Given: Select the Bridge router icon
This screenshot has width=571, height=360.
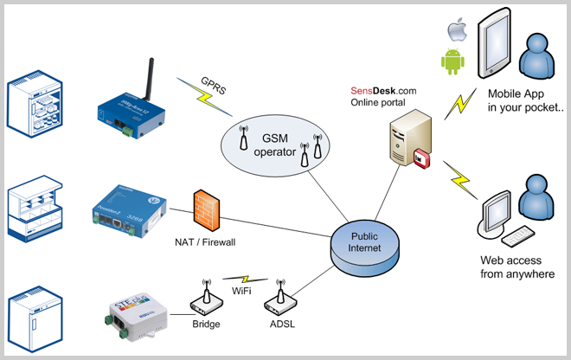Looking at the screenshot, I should (x=205, y=299).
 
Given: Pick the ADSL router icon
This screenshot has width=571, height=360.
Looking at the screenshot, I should (x=280, y=299).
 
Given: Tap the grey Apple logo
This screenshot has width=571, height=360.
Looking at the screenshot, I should (x=455, y=31).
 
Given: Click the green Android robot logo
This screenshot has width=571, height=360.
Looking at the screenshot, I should (x=452, y=61).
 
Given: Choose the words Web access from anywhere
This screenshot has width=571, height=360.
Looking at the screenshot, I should (x=517, y=267).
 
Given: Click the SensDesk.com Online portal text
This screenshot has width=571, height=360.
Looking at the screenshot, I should (x=383, y=96).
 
